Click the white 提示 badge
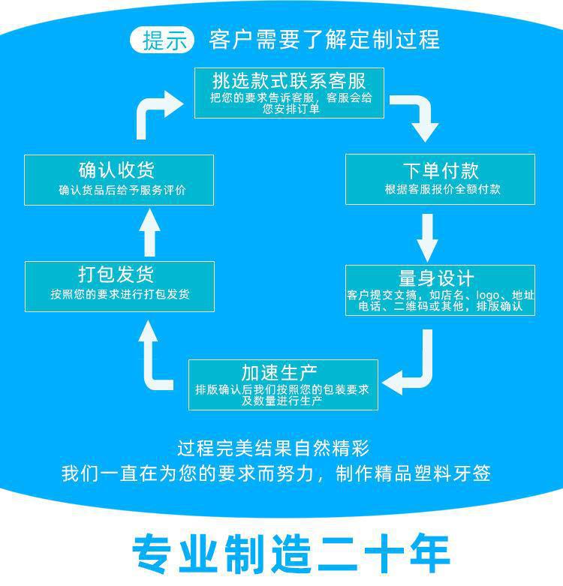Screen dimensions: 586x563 163,40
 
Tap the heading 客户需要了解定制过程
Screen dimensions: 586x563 324,40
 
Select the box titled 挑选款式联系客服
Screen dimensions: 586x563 289,93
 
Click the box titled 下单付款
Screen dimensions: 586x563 440,179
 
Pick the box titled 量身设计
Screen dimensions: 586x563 440,290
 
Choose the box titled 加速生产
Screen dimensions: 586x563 282,385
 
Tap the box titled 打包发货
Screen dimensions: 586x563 119,286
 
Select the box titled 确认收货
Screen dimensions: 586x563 119,179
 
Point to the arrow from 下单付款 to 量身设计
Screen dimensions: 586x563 428,236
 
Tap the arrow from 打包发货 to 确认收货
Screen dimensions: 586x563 151,233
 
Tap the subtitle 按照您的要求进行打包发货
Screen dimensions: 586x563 120,295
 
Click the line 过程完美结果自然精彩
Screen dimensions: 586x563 273,449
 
